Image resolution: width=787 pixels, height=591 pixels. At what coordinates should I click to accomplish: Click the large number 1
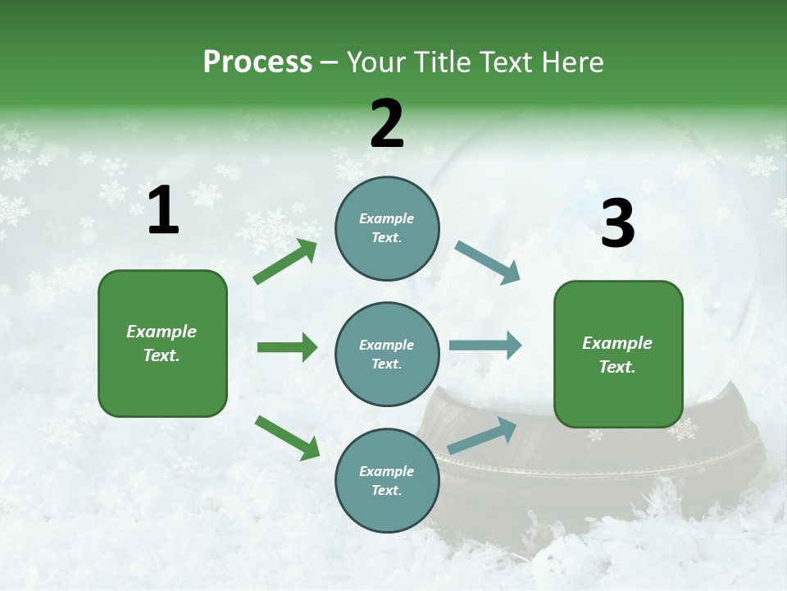click(x=163, y=211)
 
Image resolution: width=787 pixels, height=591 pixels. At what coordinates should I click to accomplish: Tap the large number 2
click(x=387, y=124)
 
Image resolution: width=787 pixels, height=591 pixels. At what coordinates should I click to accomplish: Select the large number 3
click(x=617, y=224)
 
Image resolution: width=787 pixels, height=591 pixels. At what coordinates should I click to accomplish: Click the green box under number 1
click(x=162, y=343)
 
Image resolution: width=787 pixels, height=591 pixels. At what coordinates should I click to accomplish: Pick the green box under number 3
click(x=618, y=355)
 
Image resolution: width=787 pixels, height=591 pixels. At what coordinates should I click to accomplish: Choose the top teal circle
click(x=387, y=228)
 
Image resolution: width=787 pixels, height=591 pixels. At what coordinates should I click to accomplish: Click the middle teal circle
click(x=387, y=354)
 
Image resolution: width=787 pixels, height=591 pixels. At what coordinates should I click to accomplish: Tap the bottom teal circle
click(x=387, y=480)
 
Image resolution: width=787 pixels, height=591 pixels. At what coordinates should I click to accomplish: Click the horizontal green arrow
click(x=287, y=347)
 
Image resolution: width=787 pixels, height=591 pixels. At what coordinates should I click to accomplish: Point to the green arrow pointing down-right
click(x=287, y=438)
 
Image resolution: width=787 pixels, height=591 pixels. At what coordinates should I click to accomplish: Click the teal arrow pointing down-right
click(x=487, y=263)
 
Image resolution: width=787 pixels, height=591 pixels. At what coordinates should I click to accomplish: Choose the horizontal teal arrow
click(x=484, y=345)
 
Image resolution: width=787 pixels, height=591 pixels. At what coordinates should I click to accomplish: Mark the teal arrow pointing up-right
click(x=482, y=436)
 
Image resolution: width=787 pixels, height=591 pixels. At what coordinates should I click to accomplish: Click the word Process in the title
click(x=257, y=62)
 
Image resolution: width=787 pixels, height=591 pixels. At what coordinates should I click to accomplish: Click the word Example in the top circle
click(x=386, y=218)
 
